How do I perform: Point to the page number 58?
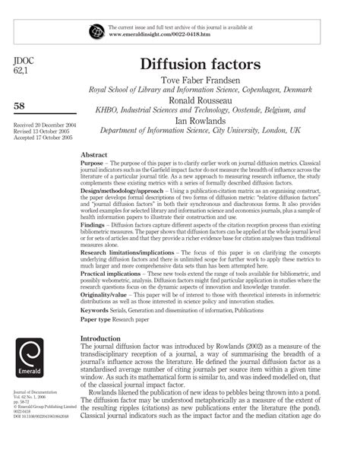[x=22, y=105]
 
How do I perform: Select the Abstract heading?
[x=93, y=154]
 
